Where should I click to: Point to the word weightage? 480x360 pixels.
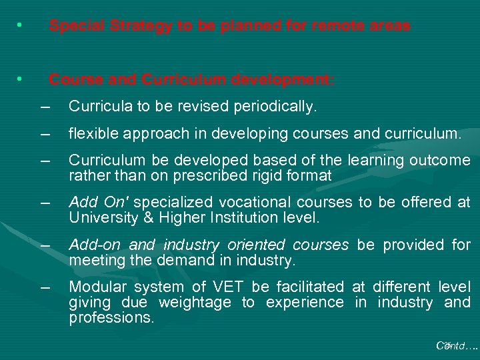click(196, 303)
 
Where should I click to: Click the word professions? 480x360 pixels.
click(111, 318)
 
